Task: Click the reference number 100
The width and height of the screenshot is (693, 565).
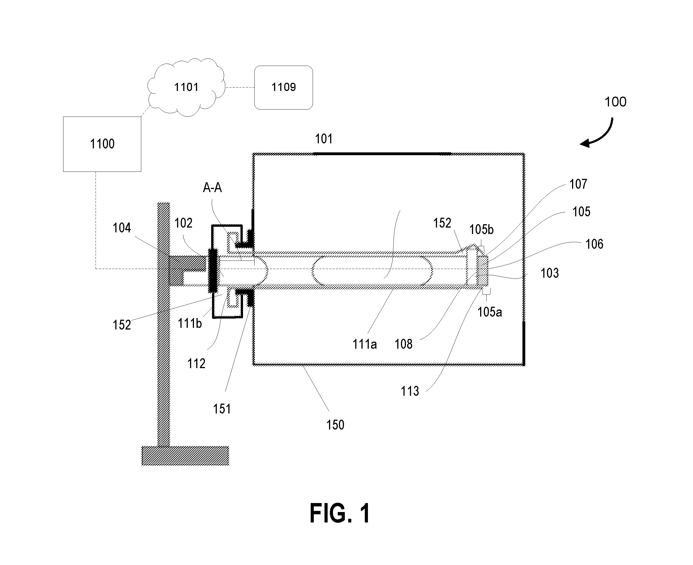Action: (x=615, y=102)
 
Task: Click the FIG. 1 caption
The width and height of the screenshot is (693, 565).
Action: (x=340, y=513)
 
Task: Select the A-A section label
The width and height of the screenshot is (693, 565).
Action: (x=212, y=188)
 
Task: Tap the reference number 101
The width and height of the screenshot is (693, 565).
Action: (x=324, y=139)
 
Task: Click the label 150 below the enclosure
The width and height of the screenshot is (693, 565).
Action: (x=335, y=425)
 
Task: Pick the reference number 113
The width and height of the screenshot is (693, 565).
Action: (x=410, y=391)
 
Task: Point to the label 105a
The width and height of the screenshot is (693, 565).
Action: (x=489, y=312)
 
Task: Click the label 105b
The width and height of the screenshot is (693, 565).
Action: (x=481, y=230)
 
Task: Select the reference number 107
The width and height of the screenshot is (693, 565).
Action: (x=578, y=184)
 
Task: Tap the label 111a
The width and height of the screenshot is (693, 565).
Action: (x=365, y=344)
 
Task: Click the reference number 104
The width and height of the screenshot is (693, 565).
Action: (x=122, y=228)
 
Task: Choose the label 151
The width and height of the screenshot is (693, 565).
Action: (x=222, y=409)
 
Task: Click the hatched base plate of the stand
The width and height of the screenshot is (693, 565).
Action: (x=185, y=456)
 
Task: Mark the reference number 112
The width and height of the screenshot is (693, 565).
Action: (x=196, y=364)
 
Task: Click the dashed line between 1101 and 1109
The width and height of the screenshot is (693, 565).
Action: (x=240, y=88)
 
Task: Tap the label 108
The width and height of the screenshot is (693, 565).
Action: (x=403, y=344)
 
